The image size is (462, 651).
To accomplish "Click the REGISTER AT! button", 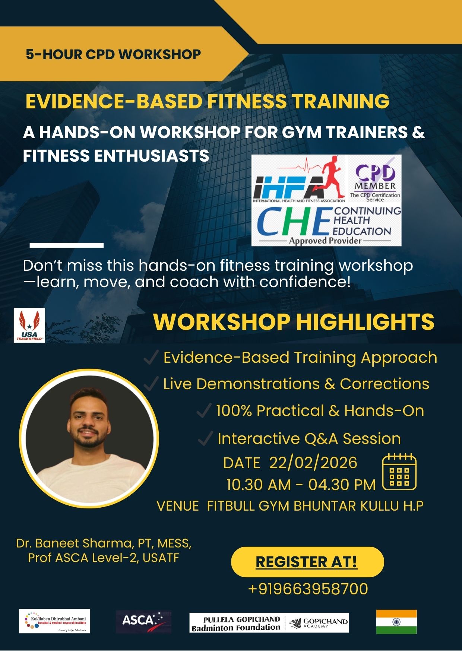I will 307,562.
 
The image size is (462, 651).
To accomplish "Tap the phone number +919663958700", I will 308,589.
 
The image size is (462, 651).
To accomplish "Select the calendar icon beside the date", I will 399,472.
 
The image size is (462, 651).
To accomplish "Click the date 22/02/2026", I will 313,463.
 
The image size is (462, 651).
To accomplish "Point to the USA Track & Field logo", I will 29,325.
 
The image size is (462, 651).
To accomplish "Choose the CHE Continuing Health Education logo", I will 326,225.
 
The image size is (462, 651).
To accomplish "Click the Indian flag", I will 396,622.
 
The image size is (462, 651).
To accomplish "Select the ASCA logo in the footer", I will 143,622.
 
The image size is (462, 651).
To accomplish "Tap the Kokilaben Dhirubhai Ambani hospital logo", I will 54,621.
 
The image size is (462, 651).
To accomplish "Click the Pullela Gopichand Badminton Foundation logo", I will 269,623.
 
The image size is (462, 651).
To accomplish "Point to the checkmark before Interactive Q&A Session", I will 205,438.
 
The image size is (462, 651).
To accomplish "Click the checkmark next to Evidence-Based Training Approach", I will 151,358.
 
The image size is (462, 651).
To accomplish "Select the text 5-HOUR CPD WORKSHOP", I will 113,54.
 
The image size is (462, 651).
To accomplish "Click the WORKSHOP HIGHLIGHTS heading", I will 294,321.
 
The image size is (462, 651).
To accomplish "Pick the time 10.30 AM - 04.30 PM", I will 301,485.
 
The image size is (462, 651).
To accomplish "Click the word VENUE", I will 178,506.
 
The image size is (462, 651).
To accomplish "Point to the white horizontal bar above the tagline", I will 66,245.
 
